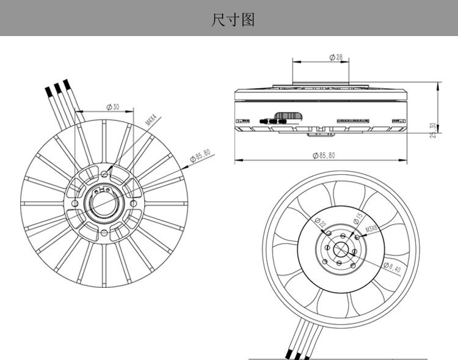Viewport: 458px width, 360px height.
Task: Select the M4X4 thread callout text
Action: pos(151,119)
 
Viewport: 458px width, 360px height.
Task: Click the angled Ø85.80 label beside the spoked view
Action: pos(200,154)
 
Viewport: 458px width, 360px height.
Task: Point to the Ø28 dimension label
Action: pos(336,57)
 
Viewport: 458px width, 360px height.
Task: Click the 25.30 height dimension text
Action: pos(432,131)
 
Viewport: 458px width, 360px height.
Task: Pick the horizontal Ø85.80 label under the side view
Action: pos(323,156)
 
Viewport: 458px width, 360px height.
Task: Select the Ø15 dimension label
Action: pos(358,219)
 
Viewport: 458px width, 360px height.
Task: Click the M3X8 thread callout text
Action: pos(372,230)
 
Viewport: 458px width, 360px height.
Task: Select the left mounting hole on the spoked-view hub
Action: pos(75,203)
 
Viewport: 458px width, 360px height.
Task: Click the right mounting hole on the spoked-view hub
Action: pos(133,203)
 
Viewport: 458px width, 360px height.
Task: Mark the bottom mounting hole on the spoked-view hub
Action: pos(104,232)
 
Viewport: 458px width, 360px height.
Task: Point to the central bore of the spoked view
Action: pos(104,203)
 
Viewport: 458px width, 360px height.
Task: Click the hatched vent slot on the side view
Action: pos(289,116)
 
